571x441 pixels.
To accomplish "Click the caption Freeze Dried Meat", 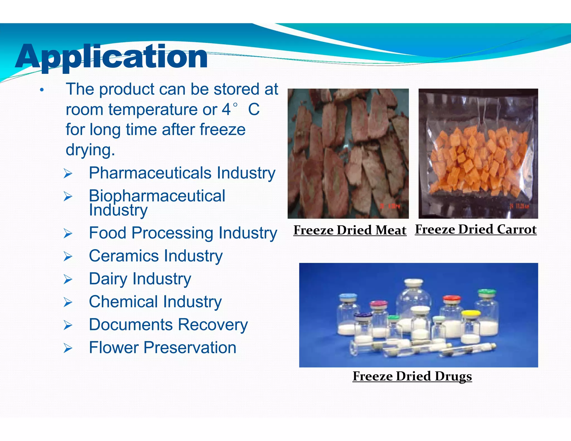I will tap(350, 230).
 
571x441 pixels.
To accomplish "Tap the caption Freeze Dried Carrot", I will tap(476, 229).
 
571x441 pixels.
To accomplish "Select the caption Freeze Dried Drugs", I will tap(412, 376).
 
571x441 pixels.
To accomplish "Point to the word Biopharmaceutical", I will tap(157, 196).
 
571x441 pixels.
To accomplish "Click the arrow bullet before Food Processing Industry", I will tap(68, 234).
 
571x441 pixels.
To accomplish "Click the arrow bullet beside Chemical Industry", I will tap(68, 302).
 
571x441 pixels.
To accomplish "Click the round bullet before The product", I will tap(42, 90).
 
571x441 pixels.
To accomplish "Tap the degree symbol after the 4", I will tap(235, 105).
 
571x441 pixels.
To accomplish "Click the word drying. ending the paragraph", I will tap(90, 150).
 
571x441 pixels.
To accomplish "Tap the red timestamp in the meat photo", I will tap(390, 206).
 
